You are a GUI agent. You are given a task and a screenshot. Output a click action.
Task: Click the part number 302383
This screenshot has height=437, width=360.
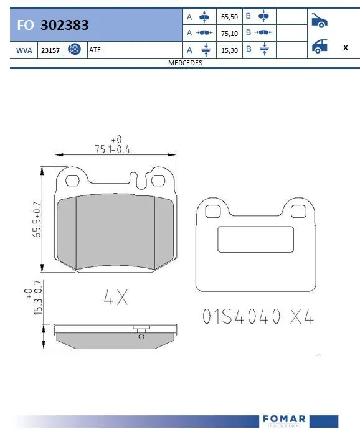(x=64, y=25)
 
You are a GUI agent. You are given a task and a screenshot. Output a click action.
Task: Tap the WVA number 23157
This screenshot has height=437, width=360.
(x=50, y=50)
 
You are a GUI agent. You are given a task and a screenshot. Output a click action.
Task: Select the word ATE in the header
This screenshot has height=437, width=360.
(x=95, y=50)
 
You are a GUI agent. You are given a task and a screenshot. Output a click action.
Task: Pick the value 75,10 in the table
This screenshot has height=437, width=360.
(x=230, y=34)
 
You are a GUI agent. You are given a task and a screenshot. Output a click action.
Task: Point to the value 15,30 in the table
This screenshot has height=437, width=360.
(x=230, y=50)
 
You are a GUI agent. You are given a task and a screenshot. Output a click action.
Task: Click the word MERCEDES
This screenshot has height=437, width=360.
(x=185, y=63)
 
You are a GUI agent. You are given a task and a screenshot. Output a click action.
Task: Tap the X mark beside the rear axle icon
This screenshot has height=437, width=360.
(x=345, y=47)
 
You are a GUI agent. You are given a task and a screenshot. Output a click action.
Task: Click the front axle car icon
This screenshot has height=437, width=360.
(x=319, y=21)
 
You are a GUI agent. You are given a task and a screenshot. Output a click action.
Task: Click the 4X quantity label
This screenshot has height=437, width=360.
(x=115, y=298)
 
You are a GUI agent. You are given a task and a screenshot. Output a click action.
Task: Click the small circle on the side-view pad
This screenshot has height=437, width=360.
(x=141, y=337)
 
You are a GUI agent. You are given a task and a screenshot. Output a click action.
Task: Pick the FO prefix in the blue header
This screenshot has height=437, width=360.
(x=26, y=25)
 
